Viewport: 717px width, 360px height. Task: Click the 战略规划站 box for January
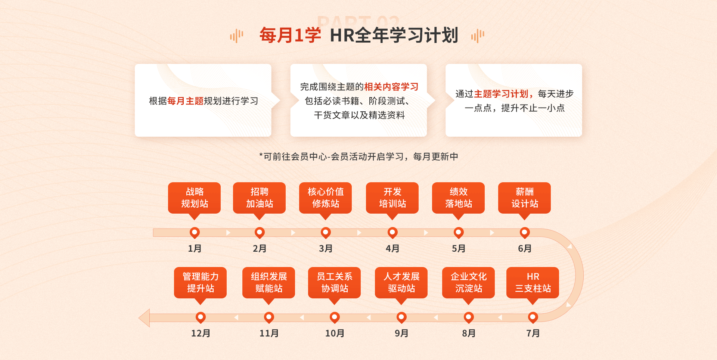pos(194,198)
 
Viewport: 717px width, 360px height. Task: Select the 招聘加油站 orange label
pos(259,198)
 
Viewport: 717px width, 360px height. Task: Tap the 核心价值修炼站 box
pos(325,198)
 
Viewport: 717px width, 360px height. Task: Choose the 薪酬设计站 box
pos(524,198)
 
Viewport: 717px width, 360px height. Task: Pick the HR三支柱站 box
pos(533,283)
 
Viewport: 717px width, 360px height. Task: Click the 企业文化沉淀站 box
pos(468,283)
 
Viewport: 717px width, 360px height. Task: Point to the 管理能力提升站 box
pos(200,283)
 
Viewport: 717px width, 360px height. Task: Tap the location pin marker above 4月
pos(392,233)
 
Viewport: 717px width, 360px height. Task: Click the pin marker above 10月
pos(335,317)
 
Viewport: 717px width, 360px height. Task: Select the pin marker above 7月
pos(533,317)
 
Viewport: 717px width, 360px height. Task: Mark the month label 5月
pos(459,249)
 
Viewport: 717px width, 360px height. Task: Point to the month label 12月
pos(201,333)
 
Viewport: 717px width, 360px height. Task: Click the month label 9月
pos(401,333)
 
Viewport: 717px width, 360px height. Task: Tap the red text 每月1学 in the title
pos(290,35)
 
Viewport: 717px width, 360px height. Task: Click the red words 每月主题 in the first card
pos(185,101)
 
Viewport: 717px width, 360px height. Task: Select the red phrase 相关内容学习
pos(391,87)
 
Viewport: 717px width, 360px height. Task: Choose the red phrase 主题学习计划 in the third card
pos(501,94)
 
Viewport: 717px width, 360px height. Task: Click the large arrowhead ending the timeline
pos(144,318)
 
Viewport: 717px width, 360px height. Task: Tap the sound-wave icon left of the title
pos(236,36)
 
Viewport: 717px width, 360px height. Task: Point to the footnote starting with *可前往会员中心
pos(358,156)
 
